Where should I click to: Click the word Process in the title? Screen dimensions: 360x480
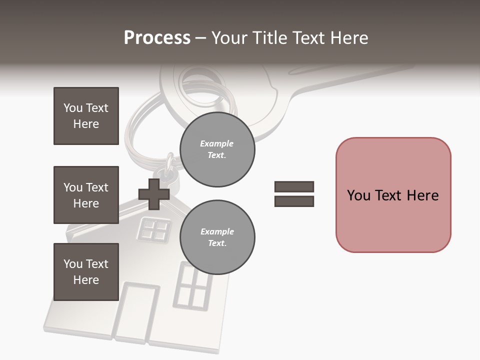(157, 37)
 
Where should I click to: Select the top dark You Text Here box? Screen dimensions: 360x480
(86, 116)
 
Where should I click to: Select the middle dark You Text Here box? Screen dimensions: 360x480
(86, 195)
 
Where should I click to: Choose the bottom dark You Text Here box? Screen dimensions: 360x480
(86, 272)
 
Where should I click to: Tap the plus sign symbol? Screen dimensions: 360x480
(154, 193)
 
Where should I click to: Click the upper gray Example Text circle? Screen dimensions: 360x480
(217, 149)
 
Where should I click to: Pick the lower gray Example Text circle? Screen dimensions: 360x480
(217, 237)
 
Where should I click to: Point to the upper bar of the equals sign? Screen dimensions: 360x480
(294, 187)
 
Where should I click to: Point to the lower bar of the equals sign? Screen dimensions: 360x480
(294, 201)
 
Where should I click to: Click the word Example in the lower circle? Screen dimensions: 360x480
(217, 231)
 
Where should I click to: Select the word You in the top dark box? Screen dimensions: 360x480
(72, 108)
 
